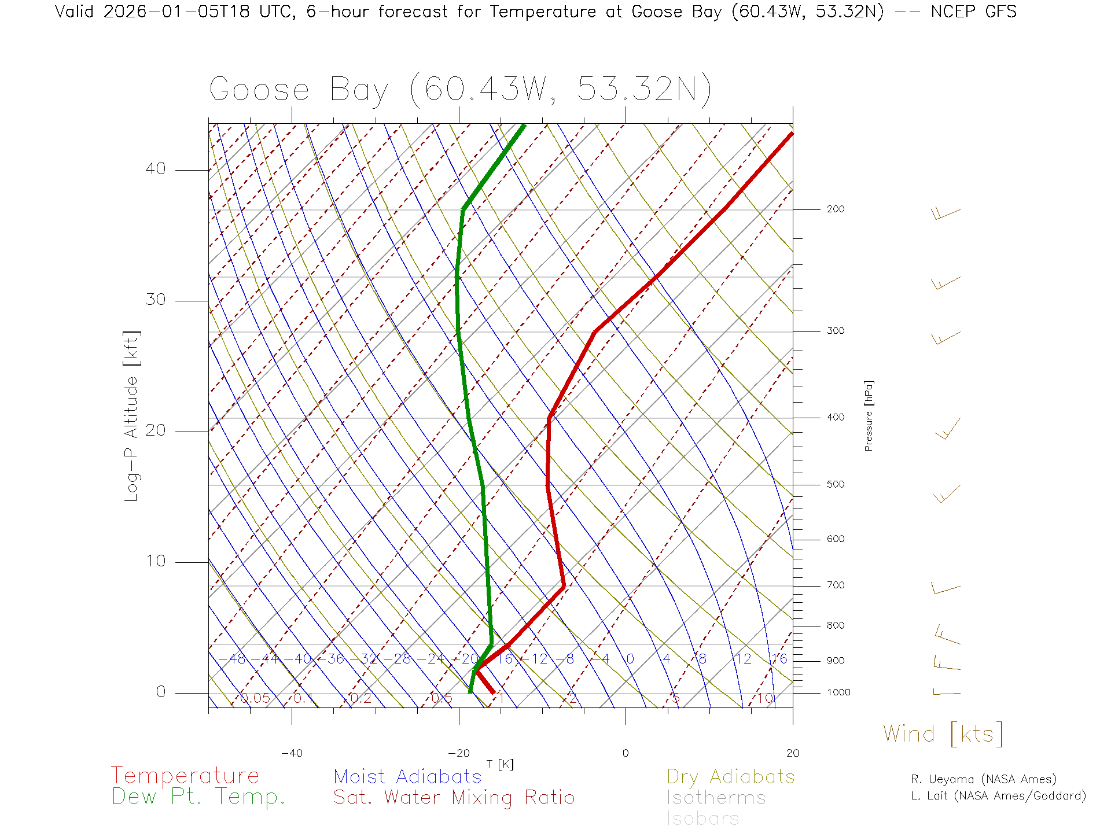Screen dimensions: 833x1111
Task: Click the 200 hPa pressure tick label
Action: (835, 209)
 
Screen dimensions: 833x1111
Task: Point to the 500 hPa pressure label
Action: (835, 485)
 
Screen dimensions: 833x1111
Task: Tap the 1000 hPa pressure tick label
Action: (838, 692)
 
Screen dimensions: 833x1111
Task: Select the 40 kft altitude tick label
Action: (155, 169)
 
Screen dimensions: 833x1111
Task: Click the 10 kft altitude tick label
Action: (155, 561)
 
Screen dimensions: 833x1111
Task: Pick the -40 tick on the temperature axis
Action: (292, 753)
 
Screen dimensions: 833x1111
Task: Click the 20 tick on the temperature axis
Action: (792, 753)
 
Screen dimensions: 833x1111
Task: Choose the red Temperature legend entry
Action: (185, 776)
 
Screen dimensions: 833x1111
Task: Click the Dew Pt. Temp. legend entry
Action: (198, 797)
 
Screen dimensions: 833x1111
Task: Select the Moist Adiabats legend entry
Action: (407, 776)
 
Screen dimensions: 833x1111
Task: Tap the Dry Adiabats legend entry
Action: (730, 776)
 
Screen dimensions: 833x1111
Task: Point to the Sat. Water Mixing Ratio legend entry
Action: (454, 798)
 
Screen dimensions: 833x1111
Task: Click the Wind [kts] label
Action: (943, 734)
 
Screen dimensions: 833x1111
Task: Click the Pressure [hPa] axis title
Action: (869, 415)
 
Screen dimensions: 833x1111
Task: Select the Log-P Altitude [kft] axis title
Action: (132, 416)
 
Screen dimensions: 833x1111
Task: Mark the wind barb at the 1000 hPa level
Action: (946, 692)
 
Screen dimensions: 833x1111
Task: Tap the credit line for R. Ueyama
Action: (983, 779)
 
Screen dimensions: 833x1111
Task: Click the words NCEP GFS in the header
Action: (973, 12)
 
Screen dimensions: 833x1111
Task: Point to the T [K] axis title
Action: (500, 764)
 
